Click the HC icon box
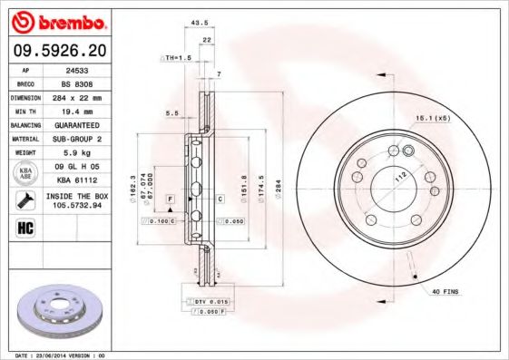pyautogui.click(x=25, y=228)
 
